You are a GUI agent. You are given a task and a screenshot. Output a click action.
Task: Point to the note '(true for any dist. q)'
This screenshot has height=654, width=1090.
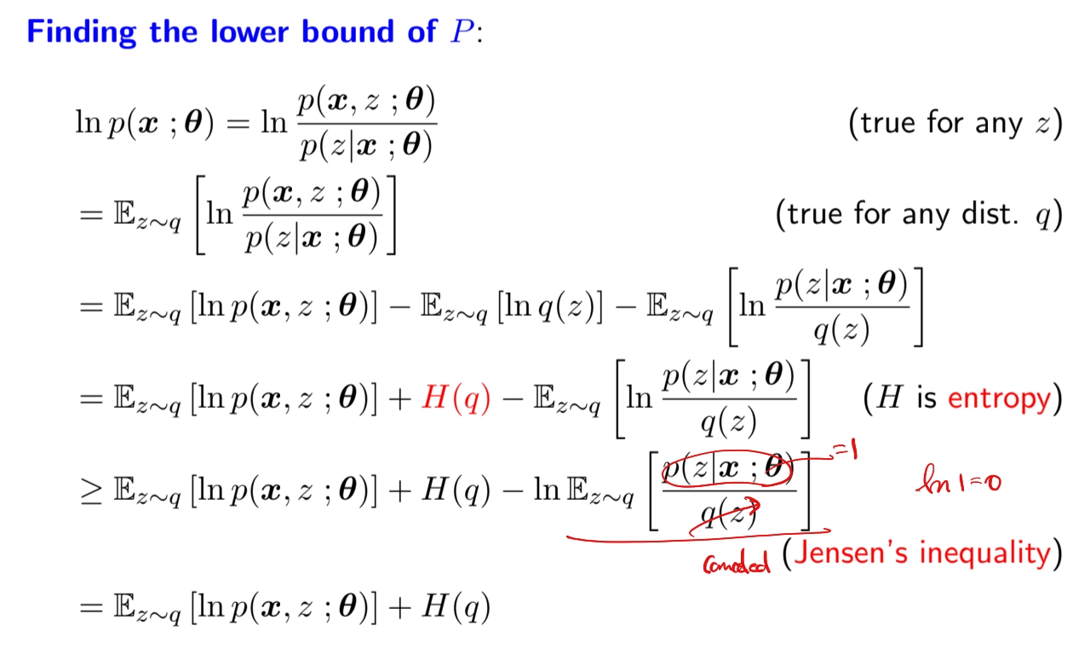[919, 215]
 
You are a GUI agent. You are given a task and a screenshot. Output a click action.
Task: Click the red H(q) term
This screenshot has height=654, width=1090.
[456, 399]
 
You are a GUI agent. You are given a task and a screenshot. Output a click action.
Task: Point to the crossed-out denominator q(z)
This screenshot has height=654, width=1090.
[727, 514]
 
